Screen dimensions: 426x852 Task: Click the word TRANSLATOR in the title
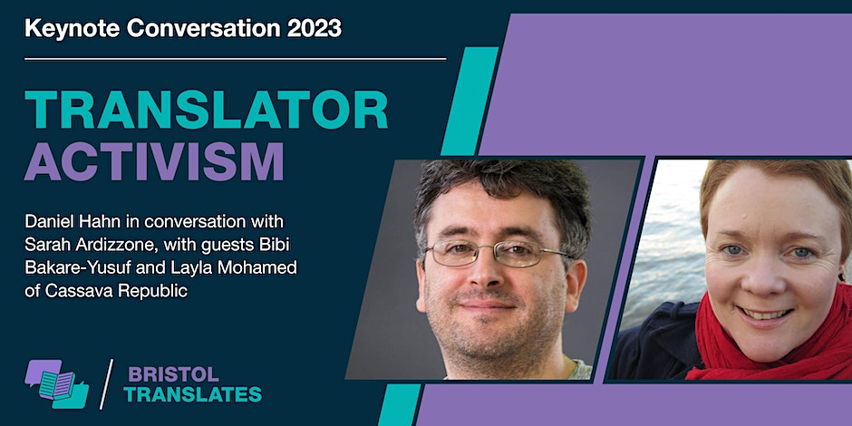click(x=207, y=112)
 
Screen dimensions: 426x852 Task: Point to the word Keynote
click(x=67, y=28)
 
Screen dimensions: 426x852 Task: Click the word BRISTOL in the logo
click(x=161, y=373)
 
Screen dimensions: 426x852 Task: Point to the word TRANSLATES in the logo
click(x=192, y=393)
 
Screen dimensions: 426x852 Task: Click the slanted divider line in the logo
click(x=107, y=383)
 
